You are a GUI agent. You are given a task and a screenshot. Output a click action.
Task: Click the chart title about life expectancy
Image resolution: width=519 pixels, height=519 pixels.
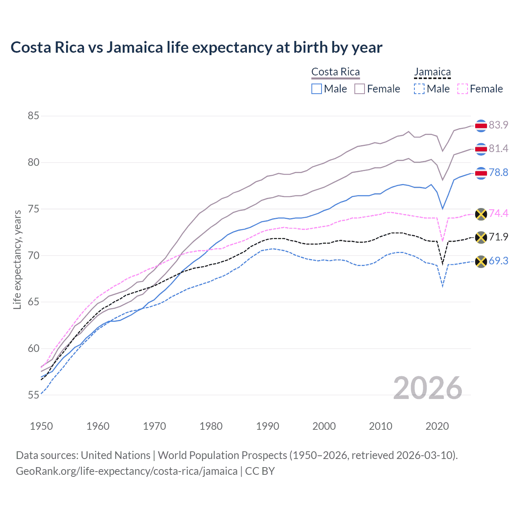click(196, 47)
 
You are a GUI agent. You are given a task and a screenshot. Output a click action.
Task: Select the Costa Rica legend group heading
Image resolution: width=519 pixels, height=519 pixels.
click(335, 72)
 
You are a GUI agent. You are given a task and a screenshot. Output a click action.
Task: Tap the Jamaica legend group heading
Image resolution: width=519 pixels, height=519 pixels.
click(432, 72)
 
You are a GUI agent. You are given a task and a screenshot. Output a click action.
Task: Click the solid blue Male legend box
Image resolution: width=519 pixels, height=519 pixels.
click(317, 89)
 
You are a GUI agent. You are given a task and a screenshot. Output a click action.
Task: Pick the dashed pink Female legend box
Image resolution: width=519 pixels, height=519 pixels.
click(463, 89)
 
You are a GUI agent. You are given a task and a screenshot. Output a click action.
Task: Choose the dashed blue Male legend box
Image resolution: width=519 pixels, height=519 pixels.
click(419, 89)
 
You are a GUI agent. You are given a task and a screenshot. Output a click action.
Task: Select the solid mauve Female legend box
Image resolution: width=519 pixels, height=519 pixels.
click(360, 89)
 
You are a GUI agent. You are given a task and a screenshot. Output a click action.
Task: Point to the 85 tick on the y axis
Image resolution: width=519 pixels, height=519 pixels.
click(33, 116)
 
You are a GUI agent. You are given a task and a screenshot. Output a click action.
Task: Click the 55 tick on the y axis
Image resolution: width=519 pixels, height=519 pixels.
click(33, 395)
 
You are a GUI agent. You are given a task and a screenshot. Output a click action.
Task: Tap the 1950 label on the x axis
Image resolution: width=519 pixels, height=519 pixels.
click(41, 426)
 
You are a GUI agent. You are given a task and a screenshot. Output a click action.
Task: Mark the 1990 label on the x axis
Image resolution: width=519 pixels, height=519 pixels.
click(268, 426)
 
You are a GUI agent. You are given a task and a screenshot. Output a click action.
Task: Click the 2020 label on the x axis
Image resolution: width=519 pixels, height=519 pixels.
click(437, 426)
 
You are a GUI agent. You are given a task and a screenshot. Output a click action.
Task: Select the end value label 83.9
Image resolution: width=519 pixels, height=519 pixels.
click(498, 125)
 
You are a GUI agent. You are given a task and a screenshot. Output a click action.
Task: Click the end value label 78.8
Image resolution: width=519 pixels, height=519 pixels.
click(498, 173)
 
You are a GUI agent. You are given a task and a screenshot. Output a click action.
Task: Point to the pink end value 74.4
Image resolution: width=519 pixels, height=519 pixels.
click(498, 213)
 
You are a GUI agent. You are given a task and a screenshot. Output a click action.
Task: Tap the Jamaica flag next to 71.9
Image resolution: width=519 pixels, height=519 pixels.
click(481, 237)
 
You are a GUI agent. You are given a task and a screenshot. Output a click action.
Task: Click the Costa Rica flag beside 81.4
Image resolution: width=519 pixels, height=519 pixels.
click(481, 149)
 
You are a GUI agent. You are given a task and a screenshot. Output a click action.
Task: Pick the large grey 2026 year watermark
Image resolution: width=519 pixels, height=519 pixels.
click(428, 388)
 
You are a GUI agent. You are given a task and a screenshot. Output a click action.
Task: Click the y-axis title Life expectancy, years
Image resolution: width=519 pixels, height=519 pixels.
click(17, 259)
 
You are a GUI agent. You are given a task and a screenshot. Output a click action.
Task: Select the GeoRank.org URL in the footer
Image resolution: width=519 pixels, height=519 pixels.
click(127, 471)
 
